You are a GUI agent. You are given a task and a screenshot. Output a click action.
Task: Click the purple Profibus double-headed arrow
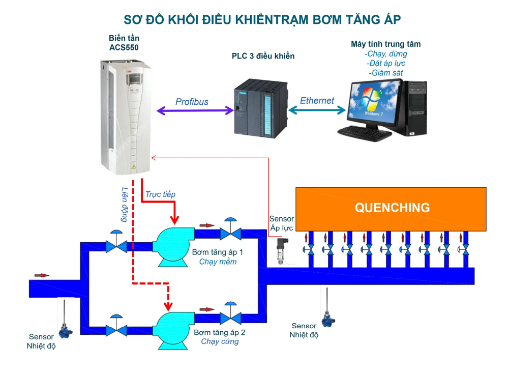[x=193, y=109]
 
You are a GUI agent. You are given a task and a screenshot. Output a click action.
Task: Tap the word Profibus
[x=192, y=102]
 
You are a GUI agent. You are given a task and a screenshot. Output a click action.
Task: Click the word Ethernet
[x=317, y=101]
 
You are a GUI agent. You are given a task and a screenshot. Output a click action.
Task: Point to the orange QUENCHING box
[x=392, y=208]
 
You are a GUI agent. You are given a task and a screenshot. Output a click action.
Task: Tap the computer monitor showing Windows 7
[x=372, y=104]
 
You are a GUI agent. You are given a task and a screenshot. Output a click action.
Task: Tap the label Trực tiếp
[x=160, y=194]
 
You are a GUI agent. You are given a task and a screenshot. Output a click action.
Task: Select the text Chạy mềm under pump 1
[x=218, y=262]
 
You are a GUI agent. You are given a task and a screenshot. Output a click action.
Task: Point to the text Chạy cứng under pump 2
[x=220, y=341]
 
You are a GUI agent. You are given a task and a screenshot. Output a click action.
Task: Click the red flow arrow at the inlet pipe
[x=42, y=275]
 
